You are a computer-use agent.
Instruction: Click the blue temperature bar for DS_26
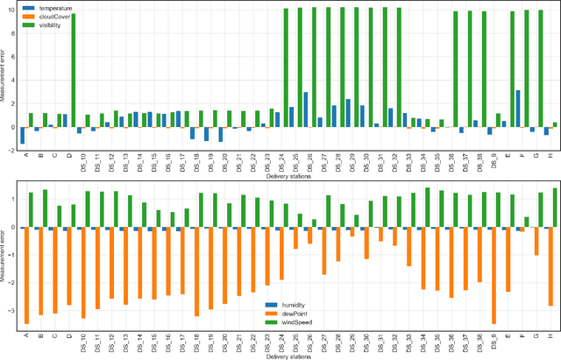click(x=305, y=109)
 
